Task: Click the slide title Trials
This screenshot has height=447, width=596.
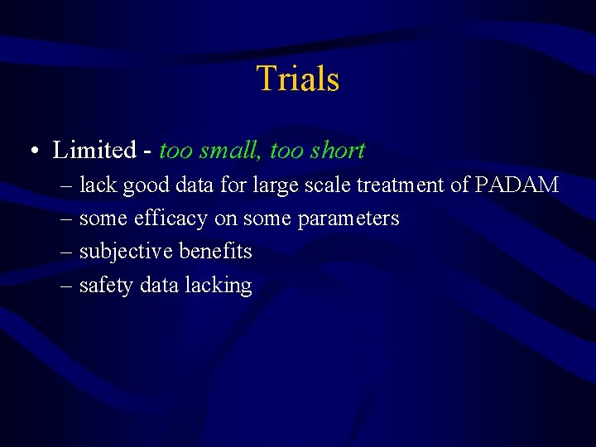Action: [x=298, y=79]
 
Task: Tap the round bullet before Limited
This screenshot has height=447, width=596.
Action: [x=31, y=151]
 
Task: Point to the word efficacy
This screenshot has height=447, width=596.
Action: [x=170, y=219]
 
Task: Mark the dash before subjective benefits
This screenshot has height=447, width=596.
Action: [x=66, y=252]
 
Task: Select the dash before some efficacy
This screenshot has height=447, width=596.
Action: [x=66, y=219]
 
